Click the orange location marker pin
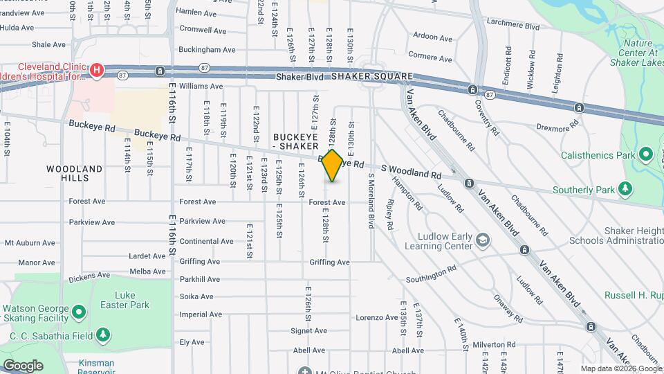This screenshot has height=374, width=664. (x=332, y=166)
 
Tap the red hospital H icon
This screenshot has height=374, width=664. (x=97, y=70)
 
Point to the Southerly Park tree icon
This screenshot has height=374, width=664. (x=625, y=189)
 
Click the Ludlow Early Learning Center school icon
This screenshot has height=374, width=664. (x=483, y=240)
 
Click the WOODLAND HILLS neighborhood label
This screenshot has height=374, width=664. (x=75, y=173)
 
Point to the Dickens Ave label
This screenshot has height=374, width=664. (x=89, y=275)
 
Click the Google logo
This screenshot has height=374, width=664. (x=23, y=365)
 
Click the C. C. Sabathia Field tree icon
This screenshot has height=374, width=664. (x=104, y=336)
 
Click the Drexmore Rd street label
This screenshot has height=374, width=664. (x=559, y=128)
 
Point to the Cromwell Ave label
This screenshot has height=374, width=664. (x=203, y=30)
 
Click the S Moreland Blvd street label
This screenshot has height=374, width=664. (x=371, y=202)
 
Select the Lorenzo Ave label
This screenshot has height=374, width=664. (x=377, y=317)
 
